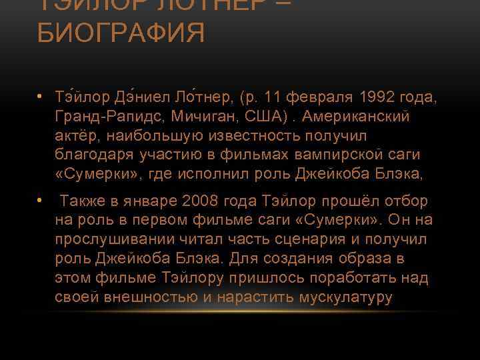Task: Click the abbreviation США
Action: [x=267, y=117]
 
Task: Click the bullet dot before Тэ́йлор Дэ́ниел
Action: [x=41, y=98]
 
